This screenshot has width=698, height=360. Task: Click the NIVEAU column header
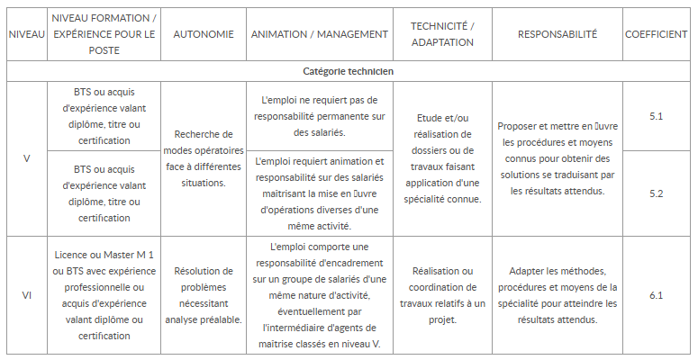tap(26, 34)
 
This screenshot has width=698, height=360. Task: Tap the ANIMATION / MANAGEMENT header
tap(320, 34)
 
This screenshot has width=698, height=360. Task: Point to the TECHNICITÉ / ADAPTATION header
tap(441, 34)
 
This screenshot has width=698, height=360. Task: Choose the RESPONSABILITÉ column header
tap(557, 34)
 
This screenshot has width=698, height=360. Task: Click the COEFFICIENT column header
tap(656, 34)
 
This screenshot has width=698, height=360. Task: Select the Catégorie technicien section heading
tap(348, 70)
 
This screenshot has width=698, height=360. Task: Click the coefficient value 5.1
tap(656, 116)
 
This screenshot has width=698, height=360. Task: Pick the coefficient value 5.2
tap(656, 193)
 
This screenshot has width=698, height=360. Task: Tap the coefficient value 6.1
tap(656, 295)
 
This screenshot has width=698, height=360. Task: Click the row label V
tap(26, 158)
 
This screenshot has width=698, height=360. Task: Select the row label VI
tap(26, 295)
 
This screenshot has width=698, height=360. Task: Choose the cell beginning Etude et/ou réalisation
tap(441, 158)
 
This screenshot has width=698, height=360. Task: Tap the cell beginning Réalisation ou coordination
tap(441, 295)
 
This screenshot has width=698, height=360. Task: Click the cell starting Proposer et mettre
tap(557, 158)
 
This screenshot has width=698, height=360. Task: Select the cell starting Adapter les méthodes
tap(557, 295)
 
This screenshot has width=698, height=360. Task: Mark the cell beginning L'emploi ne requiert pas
tap(320, 116)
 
